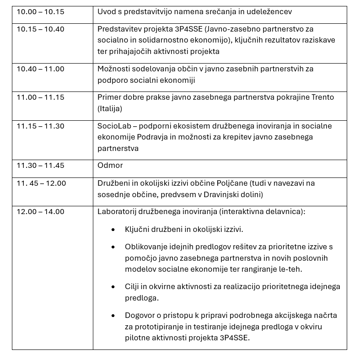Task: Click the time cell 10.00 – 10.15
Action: [x=40, y=11]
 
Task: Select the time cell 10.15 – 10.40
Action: [x=40, y=29]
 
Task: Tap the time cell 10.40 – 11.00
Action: [x=40, y=69]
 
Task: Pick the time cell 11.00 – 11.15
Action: [x=40, y=97]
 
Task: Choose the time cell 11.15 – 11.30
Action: [x=40, y=126]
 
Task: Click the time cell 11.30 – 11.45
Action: [x=40, y=166]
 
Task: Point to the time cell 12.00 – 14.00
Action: [x=40, y=212]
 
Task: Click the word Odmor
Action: [x=110, y=166]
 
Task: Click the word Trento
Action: [x=322, y=97]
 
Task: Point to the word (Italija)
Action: [x=110, y=109]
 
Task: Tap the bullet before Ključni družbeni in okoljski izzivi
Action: [x=113, y=230]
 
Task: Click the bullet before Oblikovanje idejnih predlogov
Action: [x=113, y=247]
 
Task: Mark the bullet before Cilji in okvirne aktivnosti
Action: [x=113, y=287]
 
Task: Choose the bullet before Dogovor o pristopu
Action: [x=113, y=316]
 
